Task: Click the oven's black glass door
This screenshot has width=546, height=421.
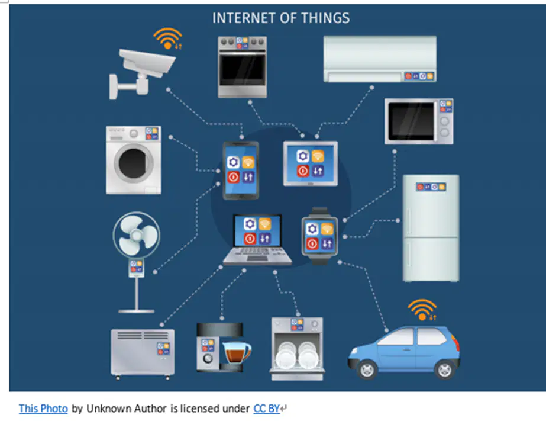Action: click(x=243, y=70)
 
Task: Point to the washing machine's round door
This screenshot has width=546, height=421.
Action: click(x=133, y=163)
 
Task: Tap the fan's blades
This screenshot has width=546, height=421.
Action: click(x=137, y=235)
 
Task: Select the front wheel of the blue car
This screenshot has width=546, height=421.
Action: click(x=367, y=370)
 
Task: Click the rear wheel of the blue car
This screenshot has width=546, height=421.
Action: click(x=444, y=369)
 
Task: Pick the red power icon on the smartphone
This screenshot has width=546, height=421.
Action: click(x=233, y=177)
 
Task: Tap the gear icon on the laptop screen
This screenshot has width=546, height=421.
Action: click(x=250, y=224)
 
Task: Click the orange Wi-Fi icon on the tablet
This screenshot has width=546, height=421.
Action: click(x=318, y=156)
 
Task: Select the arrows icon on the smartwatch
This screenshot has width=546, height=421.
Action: click(x=327, y=243)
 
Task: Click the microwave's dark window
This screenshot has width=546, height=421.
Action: click(x=411, y=121)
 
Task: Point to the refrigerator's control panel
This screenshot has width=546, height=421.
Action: click(x=431, y=187)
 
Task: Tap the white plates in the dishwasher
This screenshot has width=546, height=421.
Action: click(x=297, y=355)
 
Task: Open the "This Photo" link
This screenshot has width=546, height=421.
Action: click(x=43, y=409)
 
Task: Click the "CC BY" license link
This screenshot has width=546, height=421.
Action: click(x=266, y=409)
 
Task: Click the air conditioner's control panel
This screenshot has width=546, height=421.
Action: click(x=419, y=76)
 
